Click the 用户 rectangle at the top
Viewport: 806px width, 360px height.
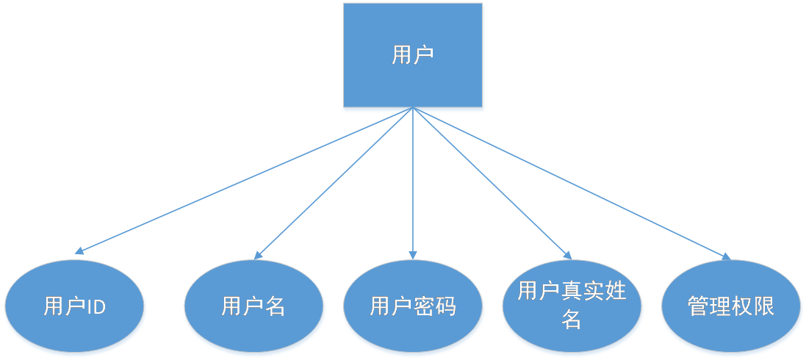(x=413, y=57)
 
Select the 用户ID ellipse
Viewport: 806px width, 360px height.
(x=75, y=307)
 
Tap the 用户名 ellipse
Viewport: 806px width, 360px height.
(x=253, y=307)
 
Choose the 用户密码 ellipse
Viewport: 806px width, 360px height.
(x=413, y=307)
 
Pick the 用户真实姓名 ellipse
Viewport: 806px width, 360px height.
(x=572, y=306)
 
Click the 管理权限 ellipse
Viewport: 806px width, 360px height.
(x=731, y=307)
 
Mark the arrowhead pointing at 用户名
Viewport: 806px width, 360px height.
(x=257, y=255)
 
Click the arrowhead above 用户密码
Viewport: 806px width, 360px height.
(x=413, y=255)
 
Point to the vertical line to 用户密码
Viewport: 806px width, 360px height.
(x=413, y=184)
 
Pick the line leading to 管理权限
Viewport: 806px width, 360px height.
(x=573, y=184)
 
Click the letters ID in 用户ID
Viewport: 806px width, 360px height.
(x=96, y=307)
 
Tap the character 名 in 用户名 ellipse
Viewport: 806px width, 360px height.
(x=274, y=306)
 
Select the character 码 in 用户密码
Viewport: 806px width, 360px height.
(x=445, y=306)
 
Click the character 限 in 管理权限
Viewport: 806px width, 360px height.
(x=764, y=306)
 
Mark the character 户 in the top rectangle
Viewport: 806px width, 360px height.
(x=423, y=56)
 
